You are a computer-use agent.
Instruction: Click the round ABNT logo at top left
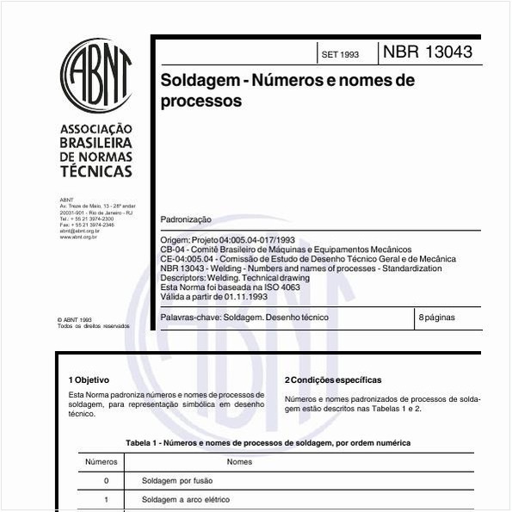pos(95,77)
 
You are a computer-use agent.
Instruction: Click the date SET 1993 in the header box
pos(340,54)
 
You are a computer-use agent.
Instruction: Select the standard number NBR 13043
pos(427,52)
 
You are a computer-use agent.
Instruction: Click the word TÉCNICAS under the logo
pos(96,171)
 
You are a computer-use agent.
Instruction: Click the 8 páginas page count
pos(436,318)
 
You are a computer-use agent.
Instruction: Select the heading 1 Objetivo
pos(89,379)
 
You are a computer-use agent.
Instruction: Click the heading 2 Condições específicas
pos(332,379)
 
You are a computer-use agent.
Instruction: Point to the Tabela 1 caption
pos(268,442)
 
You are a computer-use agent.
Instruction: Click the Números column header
pos(102,462)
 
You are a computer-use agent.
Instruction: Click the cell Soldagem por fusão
pos(177,481)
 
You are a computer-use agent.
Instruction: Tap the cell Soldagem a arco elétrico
pos(186,499)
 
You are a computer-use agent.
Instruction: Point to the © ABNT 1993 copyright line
pos(74,319)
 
